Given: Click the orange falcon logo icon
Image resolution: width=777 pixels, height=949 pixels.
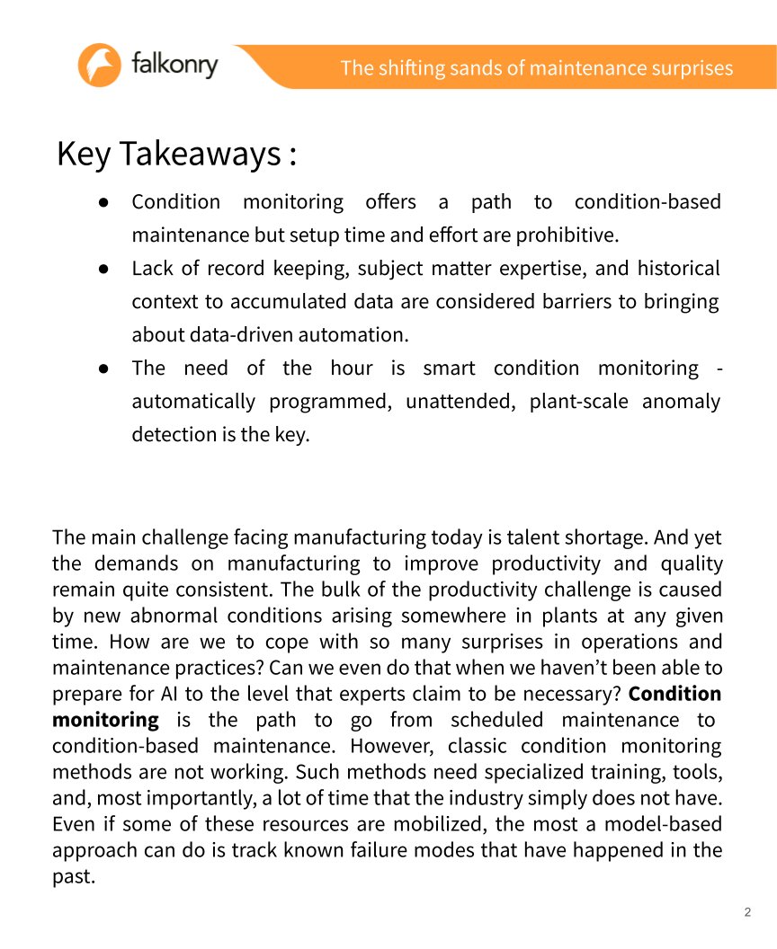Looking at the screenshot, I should coord(99,66).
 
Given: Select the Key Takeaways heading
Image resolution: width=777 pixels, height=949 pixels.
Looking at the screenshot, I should coord(176,154).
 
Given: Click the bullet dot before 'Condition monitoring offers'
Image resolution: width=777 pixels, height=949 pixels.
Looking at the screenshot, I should coord(104,202).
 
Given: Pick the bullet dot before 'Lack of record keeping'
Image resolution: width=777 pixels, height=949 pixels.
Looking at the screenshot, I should coord(104,269).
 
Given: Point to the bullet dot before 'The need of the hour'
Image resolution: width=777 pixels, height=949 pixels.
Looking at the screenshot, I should coord(104,368).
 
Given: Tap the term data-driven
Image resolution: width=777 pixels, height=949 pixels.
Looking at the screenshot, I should coord(228,335).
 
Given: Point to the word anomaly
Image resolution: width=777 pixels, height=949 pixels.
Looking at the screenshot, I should coord(681,402).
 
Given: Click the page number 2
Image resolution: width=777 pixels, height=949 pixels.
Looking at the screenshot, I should coord(747,913).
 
